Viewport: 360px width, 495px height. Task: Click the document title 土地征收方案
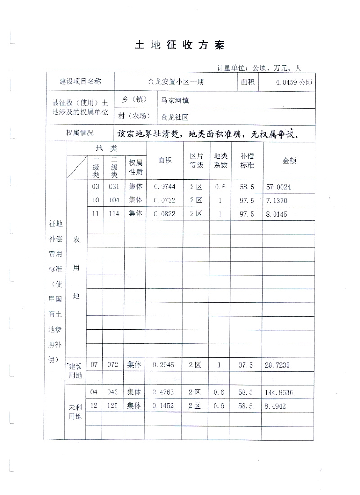point(179,45)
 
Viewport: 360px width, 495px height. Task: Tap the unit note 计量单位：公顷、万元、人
point(259,68)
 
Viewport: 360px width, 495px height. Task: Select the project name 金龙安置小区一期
point(175,82)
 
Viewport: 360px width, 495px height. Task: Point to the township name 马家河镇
point(175,100)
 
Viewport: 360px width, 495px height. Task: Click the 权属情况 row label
point(80,133)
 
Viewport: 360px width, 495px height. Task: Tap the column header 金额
point(288,161)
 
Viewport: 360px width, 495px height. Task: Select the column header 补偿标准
point(247,161)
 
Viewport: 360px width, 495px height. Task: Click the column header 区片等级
point(197,161)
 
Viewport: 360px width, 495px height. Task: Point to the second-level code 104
point(114,200)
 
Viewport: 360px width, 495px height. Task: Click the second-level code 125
point(114,406)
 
